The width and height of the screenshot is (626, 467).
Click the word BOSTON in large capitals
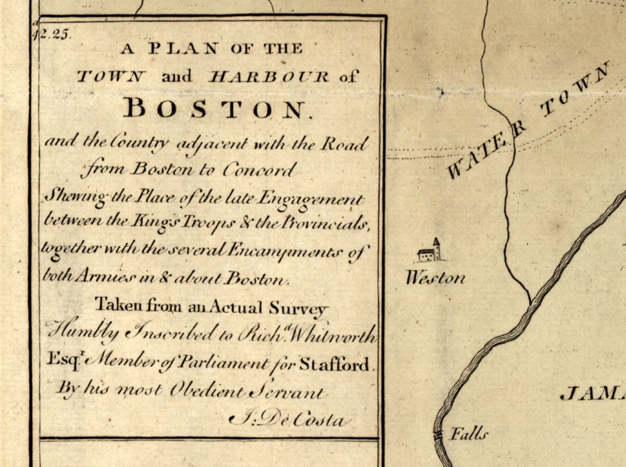tap(218, 108)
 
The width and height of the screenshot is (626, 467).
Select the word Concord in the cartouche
tap(258, 170)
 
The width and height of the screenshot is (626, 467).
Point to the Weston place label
tap(436, 278)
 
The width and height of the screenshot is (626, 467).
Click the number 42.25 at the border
tap(52, 35)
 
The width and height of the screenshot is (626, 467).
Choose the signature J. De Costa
tap(290, 420)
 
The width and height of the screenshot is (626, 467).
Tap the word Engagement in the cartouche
tap(309, 199)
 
